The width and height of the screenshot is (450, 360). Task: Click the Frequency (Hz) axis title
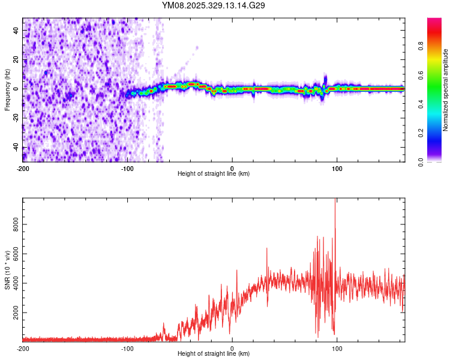pos(7,91)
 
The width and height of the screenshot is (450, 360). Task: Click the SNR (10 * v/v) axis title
pos(7,269)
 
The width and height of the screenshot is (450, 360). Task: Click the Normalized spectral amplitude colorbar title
pos(445,90)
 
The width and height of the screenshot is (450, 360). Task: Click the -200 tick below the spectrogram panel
pos(23,168)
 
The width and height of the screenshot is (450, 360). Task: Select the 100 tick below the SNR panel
pos(337,348)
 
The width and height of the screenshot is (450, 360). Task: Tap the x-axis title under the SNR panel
pos(214,354)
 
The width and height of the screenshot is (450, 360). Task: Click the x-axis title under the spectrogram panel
pos(214,174)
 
